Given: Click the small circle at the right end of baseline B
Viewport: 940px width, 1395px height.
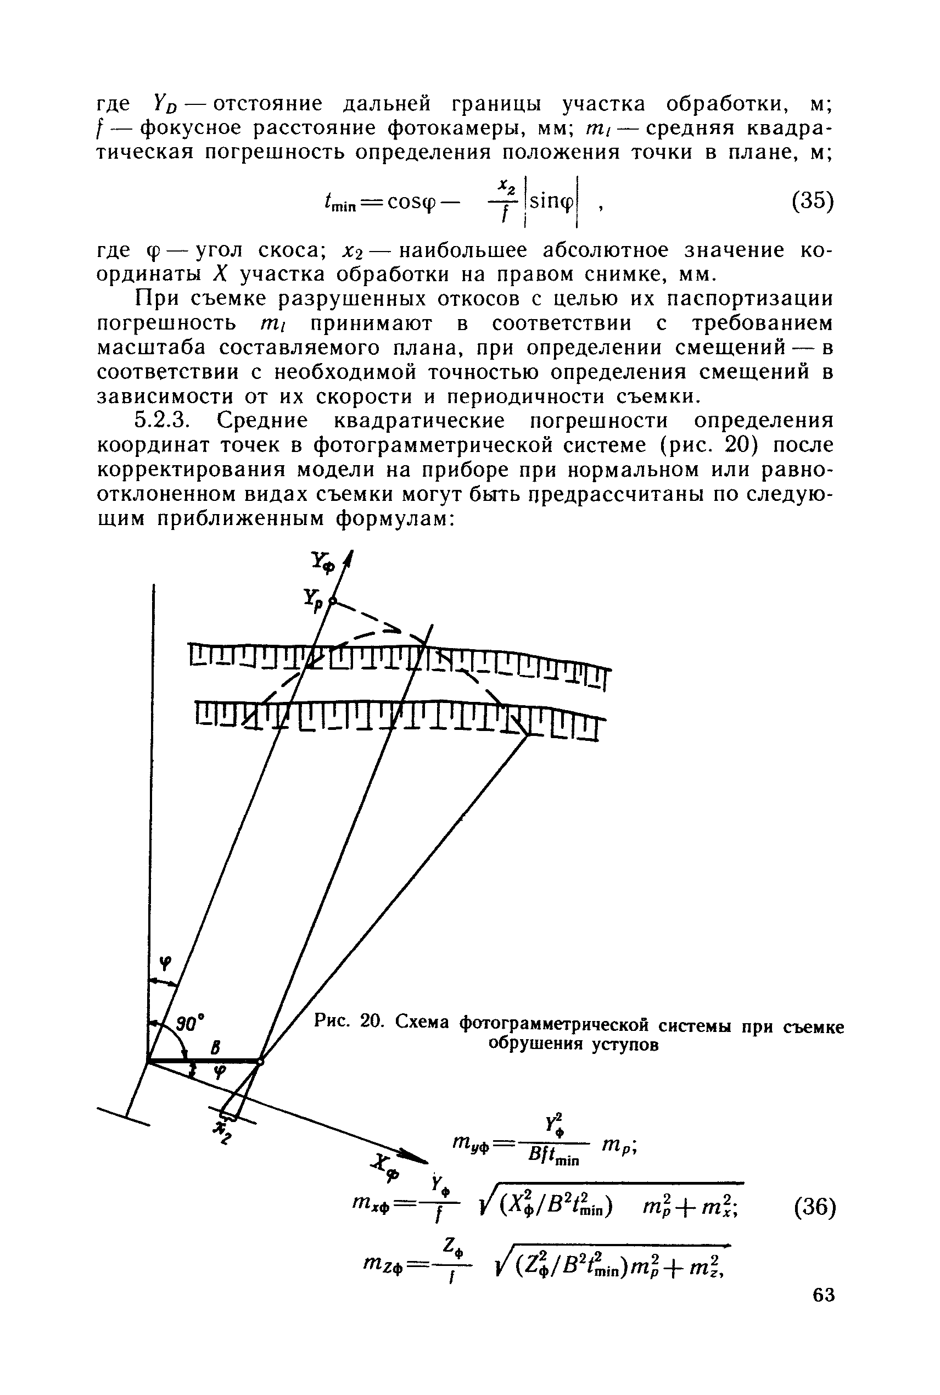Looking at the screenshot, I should coord(260,1062).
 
